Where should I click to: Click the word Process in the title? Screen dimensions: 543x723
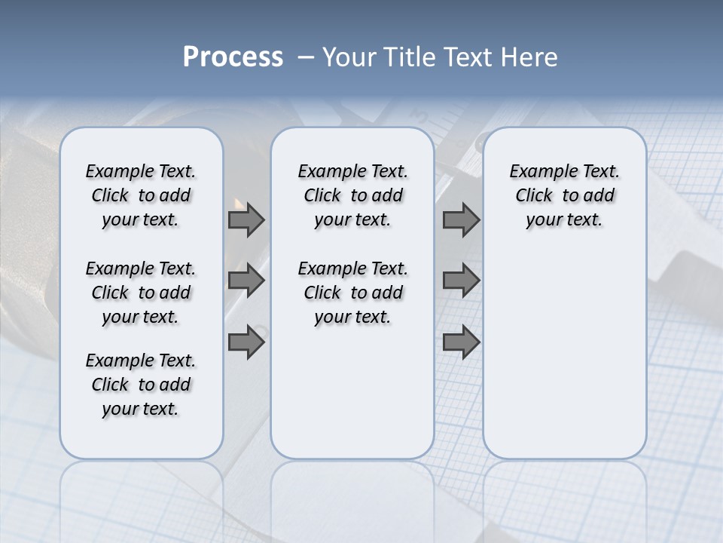(233, 57)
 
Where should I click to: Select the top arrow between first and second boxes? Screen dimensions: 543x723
(246, 219)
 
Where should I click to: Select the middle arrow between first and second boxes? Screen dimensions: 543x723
(246, 281)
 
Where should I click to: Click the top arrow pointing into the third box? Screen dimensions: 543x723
(461, 219)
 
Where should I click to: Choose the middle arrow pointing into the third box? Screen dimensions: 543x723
(461, 281)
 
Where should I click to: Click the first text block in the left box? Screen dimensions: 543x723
(141, 195)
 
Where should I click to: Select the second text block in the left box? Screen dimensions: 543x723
(141, 293)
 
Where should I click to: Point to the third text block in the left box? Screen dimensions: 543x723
(141, 385)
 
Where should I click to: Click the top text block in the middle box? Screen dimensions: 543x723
(352, 195)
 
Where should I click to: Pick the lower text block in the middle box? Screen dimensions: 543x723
(352, 293)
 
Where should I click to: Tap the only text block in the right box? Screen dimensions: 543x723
(564, 195)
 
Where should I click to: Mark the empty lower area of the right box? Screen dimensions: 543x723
(564, 347)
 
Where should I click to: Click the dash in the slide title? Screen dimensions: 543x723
(306, 58)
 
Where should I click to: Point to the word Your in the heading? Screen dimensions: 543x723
(347, 57)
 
